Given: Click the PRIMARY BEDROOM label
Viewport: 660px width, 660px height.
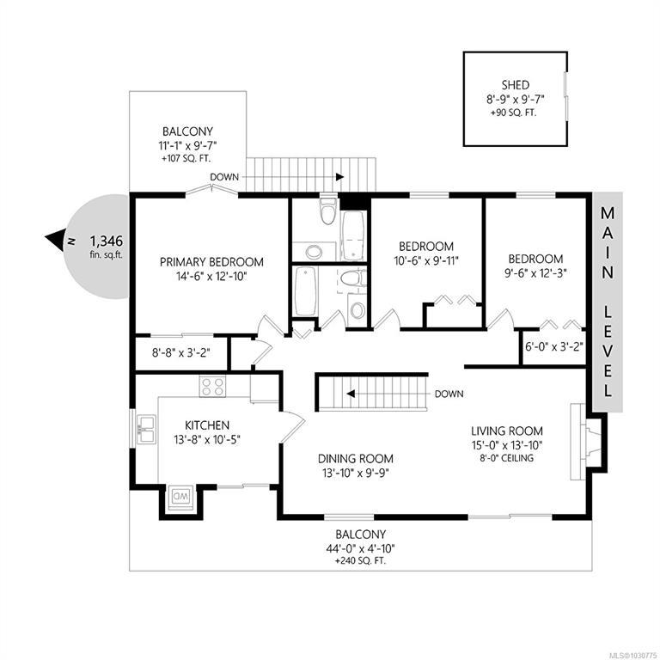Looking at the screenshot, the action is click(x=211, y=262).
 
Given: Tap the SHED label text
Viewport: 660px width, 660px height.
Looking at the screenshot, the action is click(x=516, y=85).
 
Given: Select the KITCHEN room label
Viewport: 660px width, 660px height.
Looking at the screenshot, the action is click(x=207, y=425).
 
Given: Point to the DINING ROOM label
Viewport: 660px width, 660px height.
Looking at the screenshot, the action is click(x=356, y=458).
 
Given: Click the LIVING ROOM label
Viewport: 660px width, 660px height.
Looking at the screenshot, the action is click(x=507, y=431).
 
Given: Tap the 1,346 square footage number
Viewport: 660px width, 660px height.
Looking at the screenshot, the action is click(x=107, y=241).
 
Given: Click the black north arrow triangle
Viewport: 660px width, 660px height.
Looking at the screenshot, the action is click(x=55, y=240).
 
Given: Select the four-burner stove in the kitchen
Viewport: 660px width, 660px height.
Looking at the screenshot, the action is click(x=212, y=386).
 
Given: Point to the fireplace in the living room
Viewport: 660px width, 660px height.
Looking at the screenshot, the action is click(x=585, y=442).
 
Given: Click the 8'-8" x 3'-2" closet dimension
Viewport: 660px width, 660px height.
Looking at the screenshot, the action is click(x=181, y=352).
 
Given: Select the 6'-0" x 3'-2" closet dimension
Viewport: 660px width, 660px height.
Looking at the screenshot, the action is click(x=554, y=347).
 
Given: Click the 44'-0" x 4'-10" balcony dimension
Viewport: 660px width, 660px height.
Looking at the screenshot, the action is click(x=360, y=548).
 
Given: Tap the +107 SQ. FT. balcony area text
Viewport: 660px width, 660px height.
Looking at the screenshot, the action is click(x=186, y=159).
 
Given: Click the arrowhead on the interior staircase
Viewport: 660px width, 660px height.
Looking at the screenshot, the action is click(x=351, y=394).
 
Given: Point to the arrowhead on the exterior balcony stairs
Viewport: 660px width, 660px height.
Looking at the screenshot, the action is click(x=339, y=177).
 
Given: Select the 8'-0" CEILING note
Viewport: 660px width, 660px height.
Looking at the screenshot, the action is click(x=507, y=458).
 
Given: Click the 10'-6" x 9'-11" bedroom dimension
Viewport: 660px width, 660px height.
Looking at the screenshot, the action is click(x=426, y=261).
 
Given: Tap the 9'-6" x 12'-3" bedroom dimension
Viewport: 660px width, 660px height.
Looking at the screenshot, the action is click(x=535, y=272).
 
